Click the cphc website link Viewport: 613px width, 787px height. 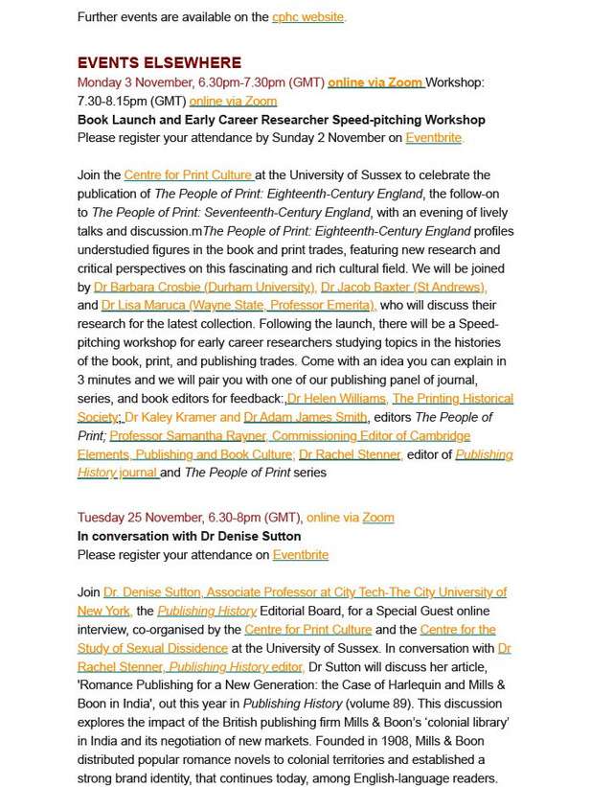308,17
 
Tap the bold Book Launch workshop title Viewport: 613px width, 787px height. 281,120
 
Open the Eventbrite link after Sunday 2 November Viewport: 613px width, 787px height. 434,138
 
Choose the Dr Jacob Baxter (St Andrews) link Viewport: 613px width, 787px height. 404,287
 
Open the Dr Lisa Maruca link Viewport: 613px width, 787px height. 238,305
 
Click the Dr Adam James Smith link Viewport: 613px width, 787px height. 306,417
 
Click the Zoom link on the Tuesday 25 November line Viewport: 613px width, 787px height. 378,518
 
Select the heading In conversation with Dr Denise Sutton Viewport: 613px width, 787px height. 189,536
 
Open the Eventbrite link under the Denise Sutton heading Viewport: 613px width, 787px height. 301,555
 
